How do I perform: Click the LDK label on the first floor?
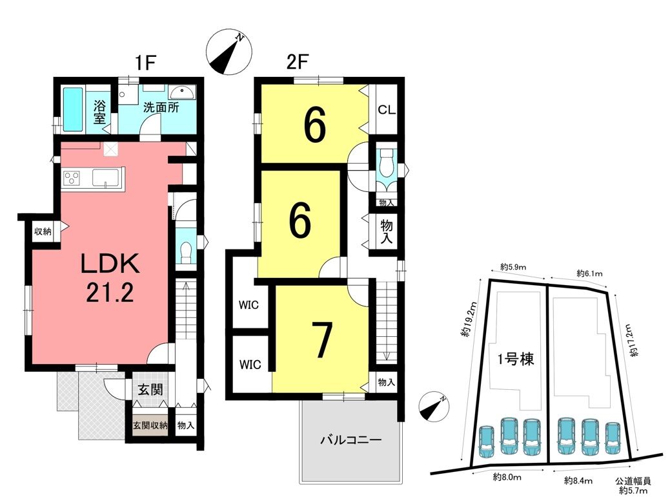[x=110, y=264]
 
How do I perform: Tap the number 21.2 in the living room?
[x=110, y=293]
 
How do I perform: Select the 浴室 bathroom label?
[x=99, y=112]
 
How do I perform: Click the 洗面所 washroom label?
[x=161, y=107]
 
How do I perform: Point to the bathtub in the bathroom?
[x=73, y=109]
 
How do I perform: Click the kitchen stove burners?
[x=72, y=178]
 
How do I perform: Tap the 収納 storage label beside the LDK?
[x=43, y=231]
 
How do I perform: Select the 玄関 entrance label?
[x=150, y=389]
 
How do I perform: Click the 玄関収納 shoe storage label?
[x=150, y=425]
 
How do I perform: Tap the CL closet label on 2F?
[x=387, y=109]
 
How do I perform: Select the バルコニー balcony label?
[x=351, y=440]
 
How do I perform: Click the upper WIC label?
[x=249, y=305]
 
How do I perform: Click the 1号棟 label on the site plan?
[x=516, y=359]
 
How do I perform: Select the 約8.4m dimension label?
[x=578, y=480]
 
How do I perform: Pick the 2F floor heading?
[x=298, y=63]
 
